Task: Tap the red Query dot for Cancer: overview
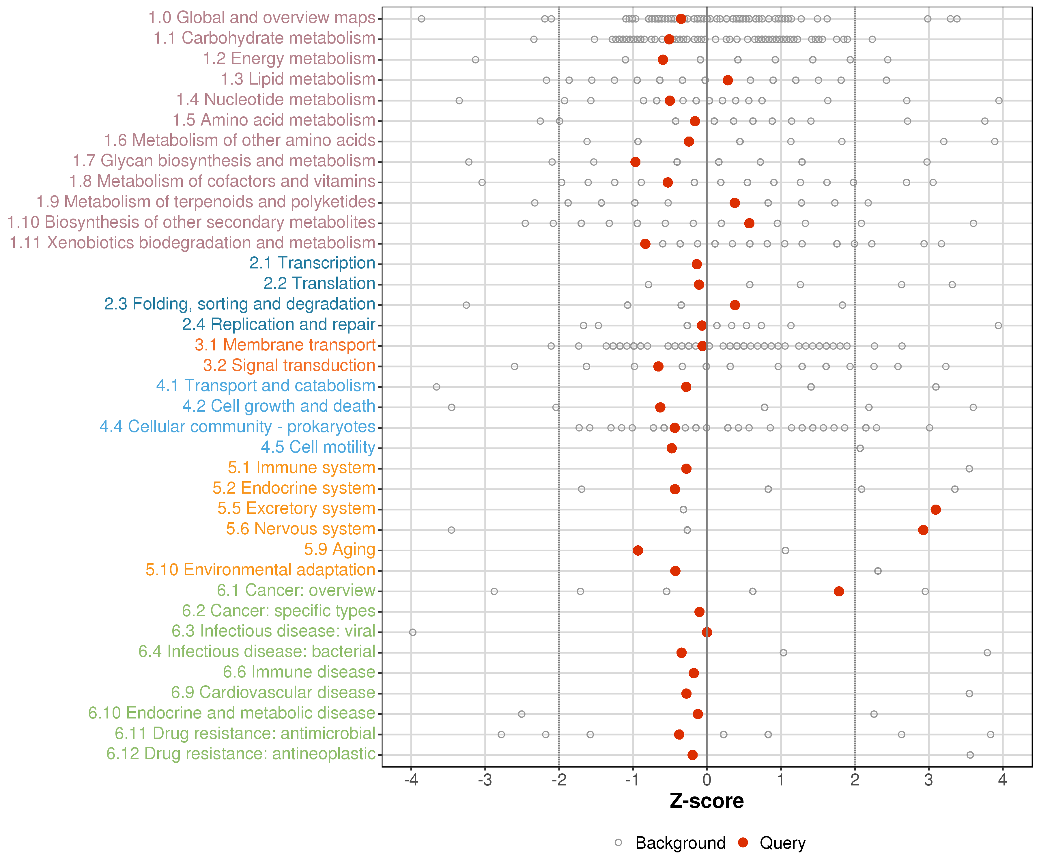tap(839, 591)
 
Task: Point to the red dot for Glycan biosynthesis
tap(635, 162)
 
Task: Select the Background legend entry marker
tap(618, 843)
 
